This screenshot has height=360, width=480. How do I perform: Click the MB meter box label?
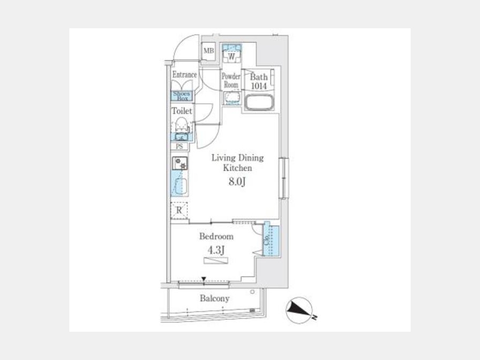[209, 51]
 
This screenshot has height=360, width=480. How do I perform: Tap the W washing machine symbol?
[232, 57]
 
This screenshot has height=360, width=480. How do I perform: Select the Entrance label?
[185, 75]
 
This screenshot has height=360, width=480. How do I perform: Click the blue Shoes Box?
[181, 96]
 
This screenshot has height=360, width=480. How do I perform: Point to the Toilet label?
[182, 111]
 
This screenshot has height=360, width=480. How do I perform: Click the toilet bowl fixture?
[181, 125]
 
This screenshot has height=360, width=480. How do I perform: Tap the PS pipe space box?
[180, 146]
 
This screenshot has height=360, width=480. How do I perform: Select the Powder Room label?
[231, 80]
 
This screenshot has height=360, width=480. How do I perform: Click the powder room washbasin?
[232, 98]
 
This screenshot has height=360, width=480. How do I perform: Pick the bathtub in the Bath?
[260, 102]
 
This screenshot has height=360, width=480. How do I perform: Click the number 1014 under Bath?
[259, 86]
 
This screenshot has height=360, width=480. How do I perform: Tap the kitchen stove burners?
[180, 163]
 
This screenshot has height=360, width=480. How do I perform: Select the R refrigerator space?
[179, 210]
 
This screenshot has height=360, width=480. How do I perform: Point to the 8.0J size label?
[237, 182]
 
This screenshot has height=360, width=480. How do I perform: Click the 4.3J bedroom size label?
[216, 250]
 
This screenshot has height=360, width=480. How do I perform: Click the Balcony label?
[214, 298]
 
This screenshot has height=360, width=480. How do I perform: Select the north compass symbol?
[299, 310]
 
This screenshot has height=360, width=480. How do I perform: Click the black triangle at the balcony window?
[204, 279]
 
